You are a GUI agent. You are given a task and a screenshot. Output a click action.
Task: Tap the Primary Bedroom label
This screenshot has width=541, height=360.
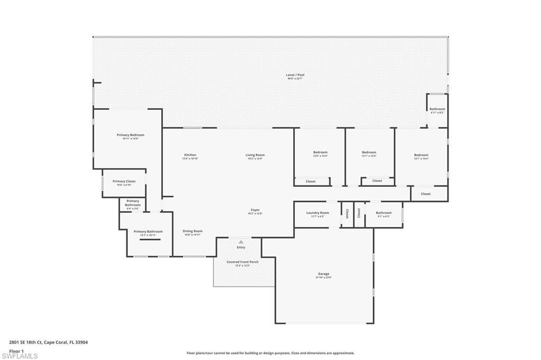(x=130, y=135)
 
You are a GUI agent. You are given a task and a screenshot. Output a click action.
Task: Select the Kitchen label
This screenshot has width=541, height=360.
(x=190, y=155)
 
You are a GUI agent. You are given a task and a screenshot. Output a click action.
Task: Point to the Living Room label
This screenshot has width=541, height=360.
(x=254, y=155)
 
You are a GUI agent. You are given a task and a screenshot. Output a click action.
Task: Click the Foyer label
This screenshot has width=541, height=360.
(x=255, y=210)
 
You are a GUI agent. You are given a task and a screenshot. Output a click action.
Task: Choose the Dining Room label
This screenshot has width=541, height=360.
(x=192, y=231)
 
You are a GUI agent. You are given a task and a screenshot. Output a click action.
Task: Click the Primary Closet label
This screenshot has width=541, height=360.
(x=124, y=182)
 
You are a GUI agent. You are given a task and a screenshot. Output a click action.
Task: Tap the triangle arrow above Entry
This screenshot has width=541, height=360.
(x=241, y=242)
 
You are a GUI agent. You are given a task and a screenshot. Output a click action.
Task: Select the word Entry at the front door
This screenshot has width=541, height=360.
(x=241, y=247)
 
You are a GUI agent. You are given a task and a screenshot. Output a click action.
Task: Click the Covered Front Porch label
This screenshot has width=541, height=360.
(x=241, y=262)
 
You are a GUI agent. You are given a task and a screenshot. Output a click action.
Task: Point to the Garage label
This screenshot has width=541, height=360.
(x=323, y=274)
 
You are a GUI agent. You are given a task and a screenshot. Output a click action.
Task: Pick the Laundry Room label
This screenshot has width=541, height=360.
(x=318, y=213)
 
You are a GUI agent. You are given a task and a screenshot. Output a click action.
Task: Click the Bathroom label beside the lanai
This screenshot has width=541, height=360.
(x=437, y=109)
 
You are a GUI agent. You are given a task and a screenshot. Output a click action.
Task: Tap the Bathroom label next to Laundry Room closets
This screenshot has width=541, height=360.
(x=384, y=213)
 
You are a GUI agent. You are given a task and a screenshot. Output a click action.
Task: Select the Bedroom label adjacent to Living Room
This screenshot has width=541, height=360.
(x=320, y=153)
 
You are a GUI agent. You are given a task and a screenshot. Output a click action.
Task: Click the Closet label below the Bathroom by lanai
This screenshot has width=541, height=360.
(x=426, y=194)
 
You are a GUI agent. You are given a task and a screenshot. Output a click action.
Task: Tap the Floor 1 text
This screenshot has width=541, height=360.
(x=17, y=350)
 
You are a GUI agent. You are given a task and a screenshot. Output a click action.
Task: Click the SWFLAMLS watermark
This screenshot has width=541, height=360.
(x=20, y=356)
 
